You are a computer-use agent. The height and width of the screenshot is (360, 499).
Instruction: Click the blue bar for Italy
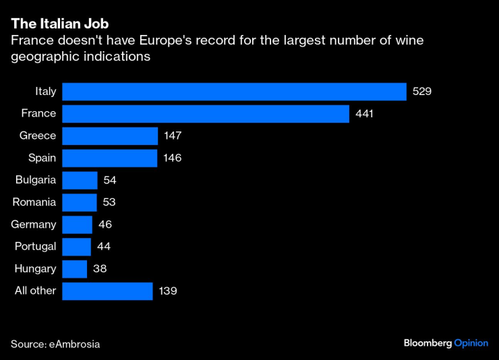click(234, 92)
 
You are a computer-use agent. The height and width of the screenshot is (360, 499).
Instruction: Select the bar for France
click(206, 114)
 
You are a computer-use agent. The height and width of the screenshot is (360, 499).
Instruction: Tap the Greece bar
click(110, 136)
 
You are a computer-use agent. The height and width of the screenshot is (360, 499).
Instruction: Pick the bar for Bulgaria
click(80, 180)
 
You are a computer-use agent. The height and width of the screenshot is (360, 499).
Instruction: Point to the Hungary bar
click(74, 269)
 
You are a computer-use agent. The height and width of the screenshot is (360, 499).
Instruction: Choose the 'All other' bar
click(107, 291)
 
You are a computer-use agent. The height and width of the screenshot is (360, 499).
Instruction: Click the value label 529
click(421, 92)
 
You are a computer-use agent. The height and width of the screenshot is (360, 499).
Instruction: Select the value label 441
click(364, 114)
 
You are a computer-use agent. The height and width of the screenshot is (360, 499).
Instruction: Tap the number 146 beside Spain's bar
click(173, 158)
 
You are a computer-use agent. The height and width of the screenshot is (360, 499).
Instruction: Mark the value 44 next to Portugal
click(104, 247)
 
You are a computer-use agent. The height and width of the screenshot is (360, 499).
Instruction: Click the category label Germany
click(34, 224)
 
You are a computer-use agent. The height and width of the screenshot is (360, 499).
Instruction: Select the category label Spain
click(41, 158)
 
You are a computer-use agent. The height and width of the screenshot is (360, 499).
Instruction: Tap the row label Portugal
click(34, 247)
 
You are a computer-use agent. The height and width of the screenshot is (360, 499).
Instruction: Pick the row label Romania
click(34, 202)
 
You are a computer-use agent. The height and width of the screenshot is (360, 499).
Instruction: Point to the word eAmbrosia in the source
click(75, 344)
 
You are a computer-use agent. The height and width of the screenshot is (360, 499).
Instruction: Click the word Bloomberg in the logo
click(428, 343)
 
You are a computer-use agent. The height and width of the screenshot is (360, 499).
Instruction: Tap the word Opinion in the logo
click(471, 343)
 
